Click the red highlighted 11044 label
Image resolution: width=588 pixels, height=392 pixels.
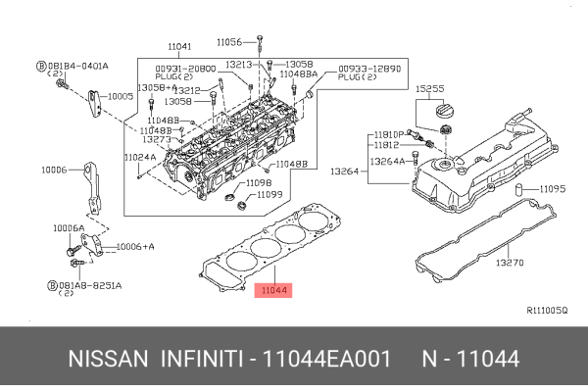pyautogui.click(x=272, y=291)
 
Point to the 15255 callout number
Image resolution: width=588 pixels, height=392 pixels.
pyautogui.click(x=430, y=88)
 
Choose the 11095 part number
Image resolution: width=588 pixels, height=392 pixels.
pyautogui.click(x=554, y=189)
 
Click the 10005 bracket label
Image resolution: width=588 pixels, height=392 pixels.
pyautogui.click(x=121, y=97)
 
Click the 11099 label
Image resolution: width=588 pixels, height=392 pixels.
pyautogui.click(x=269, y=194)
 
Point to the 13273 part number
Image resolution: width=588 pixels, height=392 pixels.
pyautogui.click(x=157, y=139)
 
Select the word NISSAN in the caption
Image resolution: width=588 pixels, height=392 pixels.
pyautogui.click(x=107, y=359)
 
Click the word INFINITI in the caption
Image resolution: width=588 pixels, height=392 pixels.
pyautogui.click(x=201, y=359)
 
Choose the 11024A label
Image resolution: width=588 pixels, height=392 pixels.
pyautogui.click(x=139, y=157)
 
